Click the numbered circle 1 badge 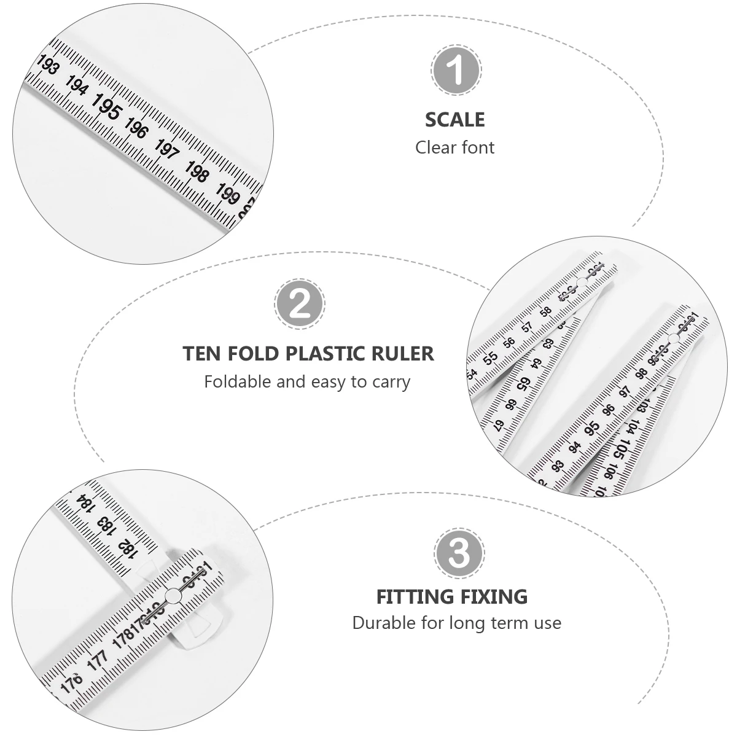tap(455, 70)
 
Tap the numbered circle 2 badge tap(300, 303)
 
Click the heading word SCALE tap(454, 119)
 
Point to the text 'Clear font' tap(454, 147)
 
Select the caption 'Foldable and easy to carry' tap(307, 381)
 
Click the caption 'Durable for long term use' tap(456, 623)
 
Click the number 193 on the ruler tap(48, 65)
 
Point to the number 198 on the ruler tap(196, 172)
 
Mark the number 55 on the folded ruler tap(490, 358)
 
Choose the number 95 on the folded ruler tap(592, 428)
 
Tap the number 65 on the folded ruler tap(523, 384)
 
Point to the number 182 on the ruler tap(127, 547)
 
